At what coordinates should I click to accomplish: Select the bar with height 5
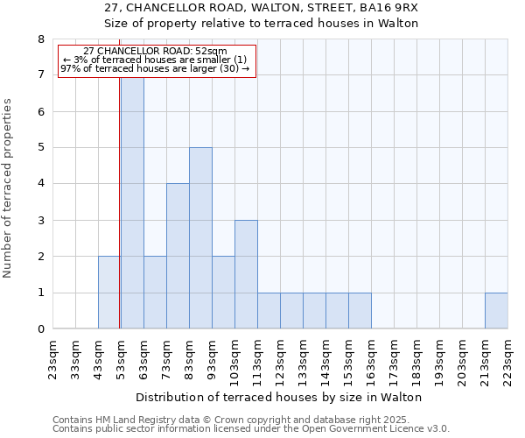200,238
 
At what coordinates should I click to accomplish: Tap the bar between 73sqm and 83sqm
178,256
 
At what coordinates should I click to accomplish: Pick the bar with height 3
246,274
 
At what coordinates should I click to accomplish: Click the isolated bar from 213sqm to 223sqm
496,311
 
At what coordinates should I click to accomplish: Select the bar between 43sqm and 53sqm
109,293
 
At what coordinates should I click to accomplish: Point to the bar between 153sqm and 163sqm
360,311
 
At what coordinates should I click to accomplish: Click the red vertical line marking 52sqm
119,219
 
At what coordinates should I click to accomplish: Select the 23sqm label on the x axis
53,357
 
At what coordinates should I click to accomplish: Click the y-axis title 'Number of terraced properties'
8,187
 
